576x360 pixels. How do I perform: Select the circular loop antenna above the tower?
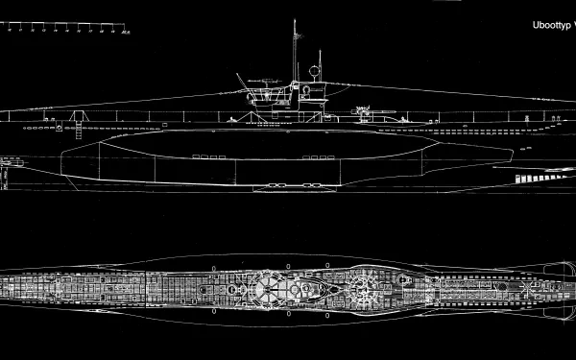tap(313, 70)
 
